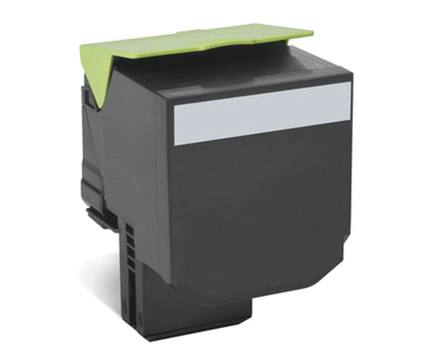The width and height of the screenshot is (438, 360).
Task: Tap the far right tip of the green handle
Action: pos(310,32)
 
